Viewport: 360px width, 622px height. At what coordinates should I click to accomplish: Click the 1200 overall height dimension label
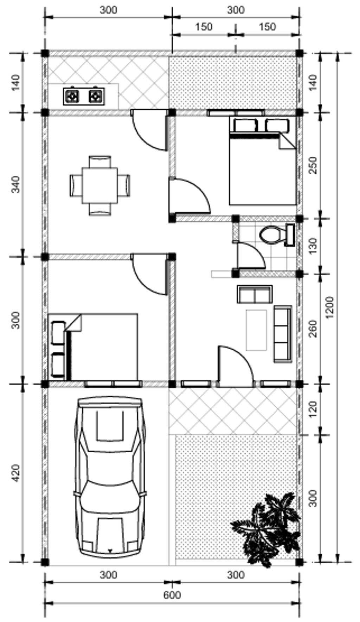[x=329, y=308]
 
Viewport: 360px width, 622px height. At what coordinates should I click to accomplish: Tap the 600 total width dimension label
[x=172, y=595]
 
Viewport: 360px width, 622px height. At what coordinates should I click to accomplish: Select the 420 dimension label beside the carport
[x=16, y=473]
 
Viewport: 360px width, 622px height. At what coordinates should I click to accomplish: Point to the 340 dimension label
[x=16, y=184]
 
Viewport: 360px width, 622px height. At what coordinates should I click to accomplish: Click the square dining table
[x=100, y=185]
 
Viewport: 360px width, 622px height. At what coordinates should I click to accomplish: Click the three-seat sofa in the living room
[x=283, y=334]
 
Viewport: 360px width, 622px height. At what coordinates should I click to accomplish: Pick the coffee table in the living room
[x=256, y=330]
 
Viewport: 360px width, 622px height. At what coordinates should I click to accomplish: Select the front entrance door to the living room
[x=236, y=365]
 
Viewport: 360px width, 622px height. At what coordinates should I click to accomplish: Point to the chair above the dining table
[x=100, y=162]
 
